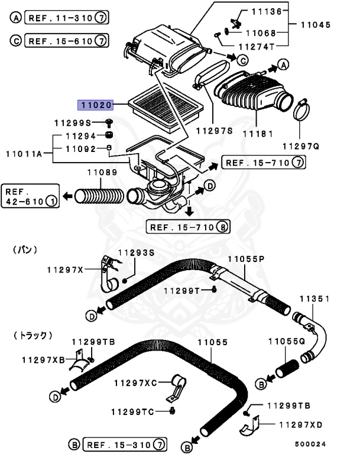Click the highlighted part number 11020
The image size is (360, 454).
[x=95, y=105]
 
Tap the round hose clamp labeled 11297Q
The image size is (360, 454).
[x=301, y=110]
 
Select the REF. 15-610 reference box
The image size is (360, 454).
[x=59, y=41]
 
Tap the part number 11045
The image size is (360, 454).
[x=314, y=25]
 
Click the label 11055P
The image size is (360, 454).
[x=246, y=258]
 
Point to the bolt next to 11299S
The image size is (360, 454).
[x=109, y=123]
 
